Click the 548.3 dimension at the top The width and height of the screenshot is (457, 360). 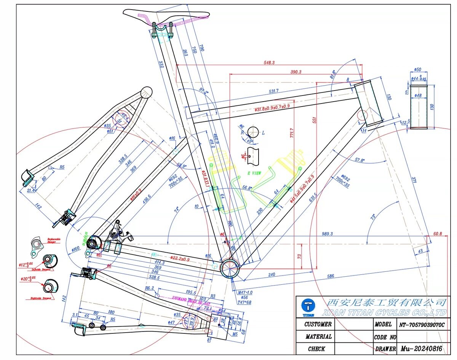click(x=269, y=62)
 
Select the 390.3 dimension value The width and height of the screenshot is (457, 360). click(x=296, y=72)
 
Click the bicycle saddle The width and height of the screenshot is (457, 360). click(x=166, y=14)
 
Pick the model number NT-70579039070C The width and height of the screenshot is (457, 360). click(x=422, y=325)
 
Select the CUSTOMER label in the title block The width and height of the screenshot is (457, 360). click(x=318, y=325)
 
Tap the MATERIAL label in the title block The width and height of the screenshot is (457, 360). click(x=318, y=337)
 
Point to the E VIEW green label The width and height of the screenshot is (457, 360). click(x=255, y=173)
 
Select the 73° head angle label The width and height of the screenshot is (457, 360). click(x=372, y=217)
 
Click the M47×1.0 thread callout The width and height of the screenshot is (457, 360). click(x=245, y=292)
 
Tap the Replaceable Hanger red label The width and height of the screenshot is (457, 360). click(x=55, y=241)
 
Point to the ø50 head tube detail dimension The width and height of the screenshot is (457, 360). click(x=417, y=70)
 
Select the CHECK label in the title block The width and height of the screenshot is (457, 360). click(x=316, y=349)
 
